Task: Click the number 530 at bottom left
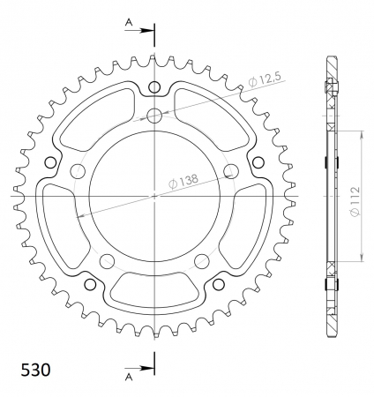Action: [x=35, y=370]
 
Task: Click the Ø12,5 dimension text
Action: [x=265, y=79]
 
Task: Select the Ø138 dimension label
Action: [x=183, y=181]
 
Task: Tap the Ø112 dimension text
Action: [x=355, y=201]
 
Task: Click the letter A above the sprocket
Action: [x=129, y=22]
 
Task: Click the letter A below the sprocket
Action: [x=129, y=378]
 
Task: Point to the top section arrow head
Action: [x=146, y=30]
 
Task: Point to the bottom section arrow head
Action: [x=146, y=368]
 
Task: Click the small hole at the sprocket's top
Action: [x=154, y=87]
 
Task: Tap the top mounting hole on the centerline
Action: [x=154, y=116]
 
